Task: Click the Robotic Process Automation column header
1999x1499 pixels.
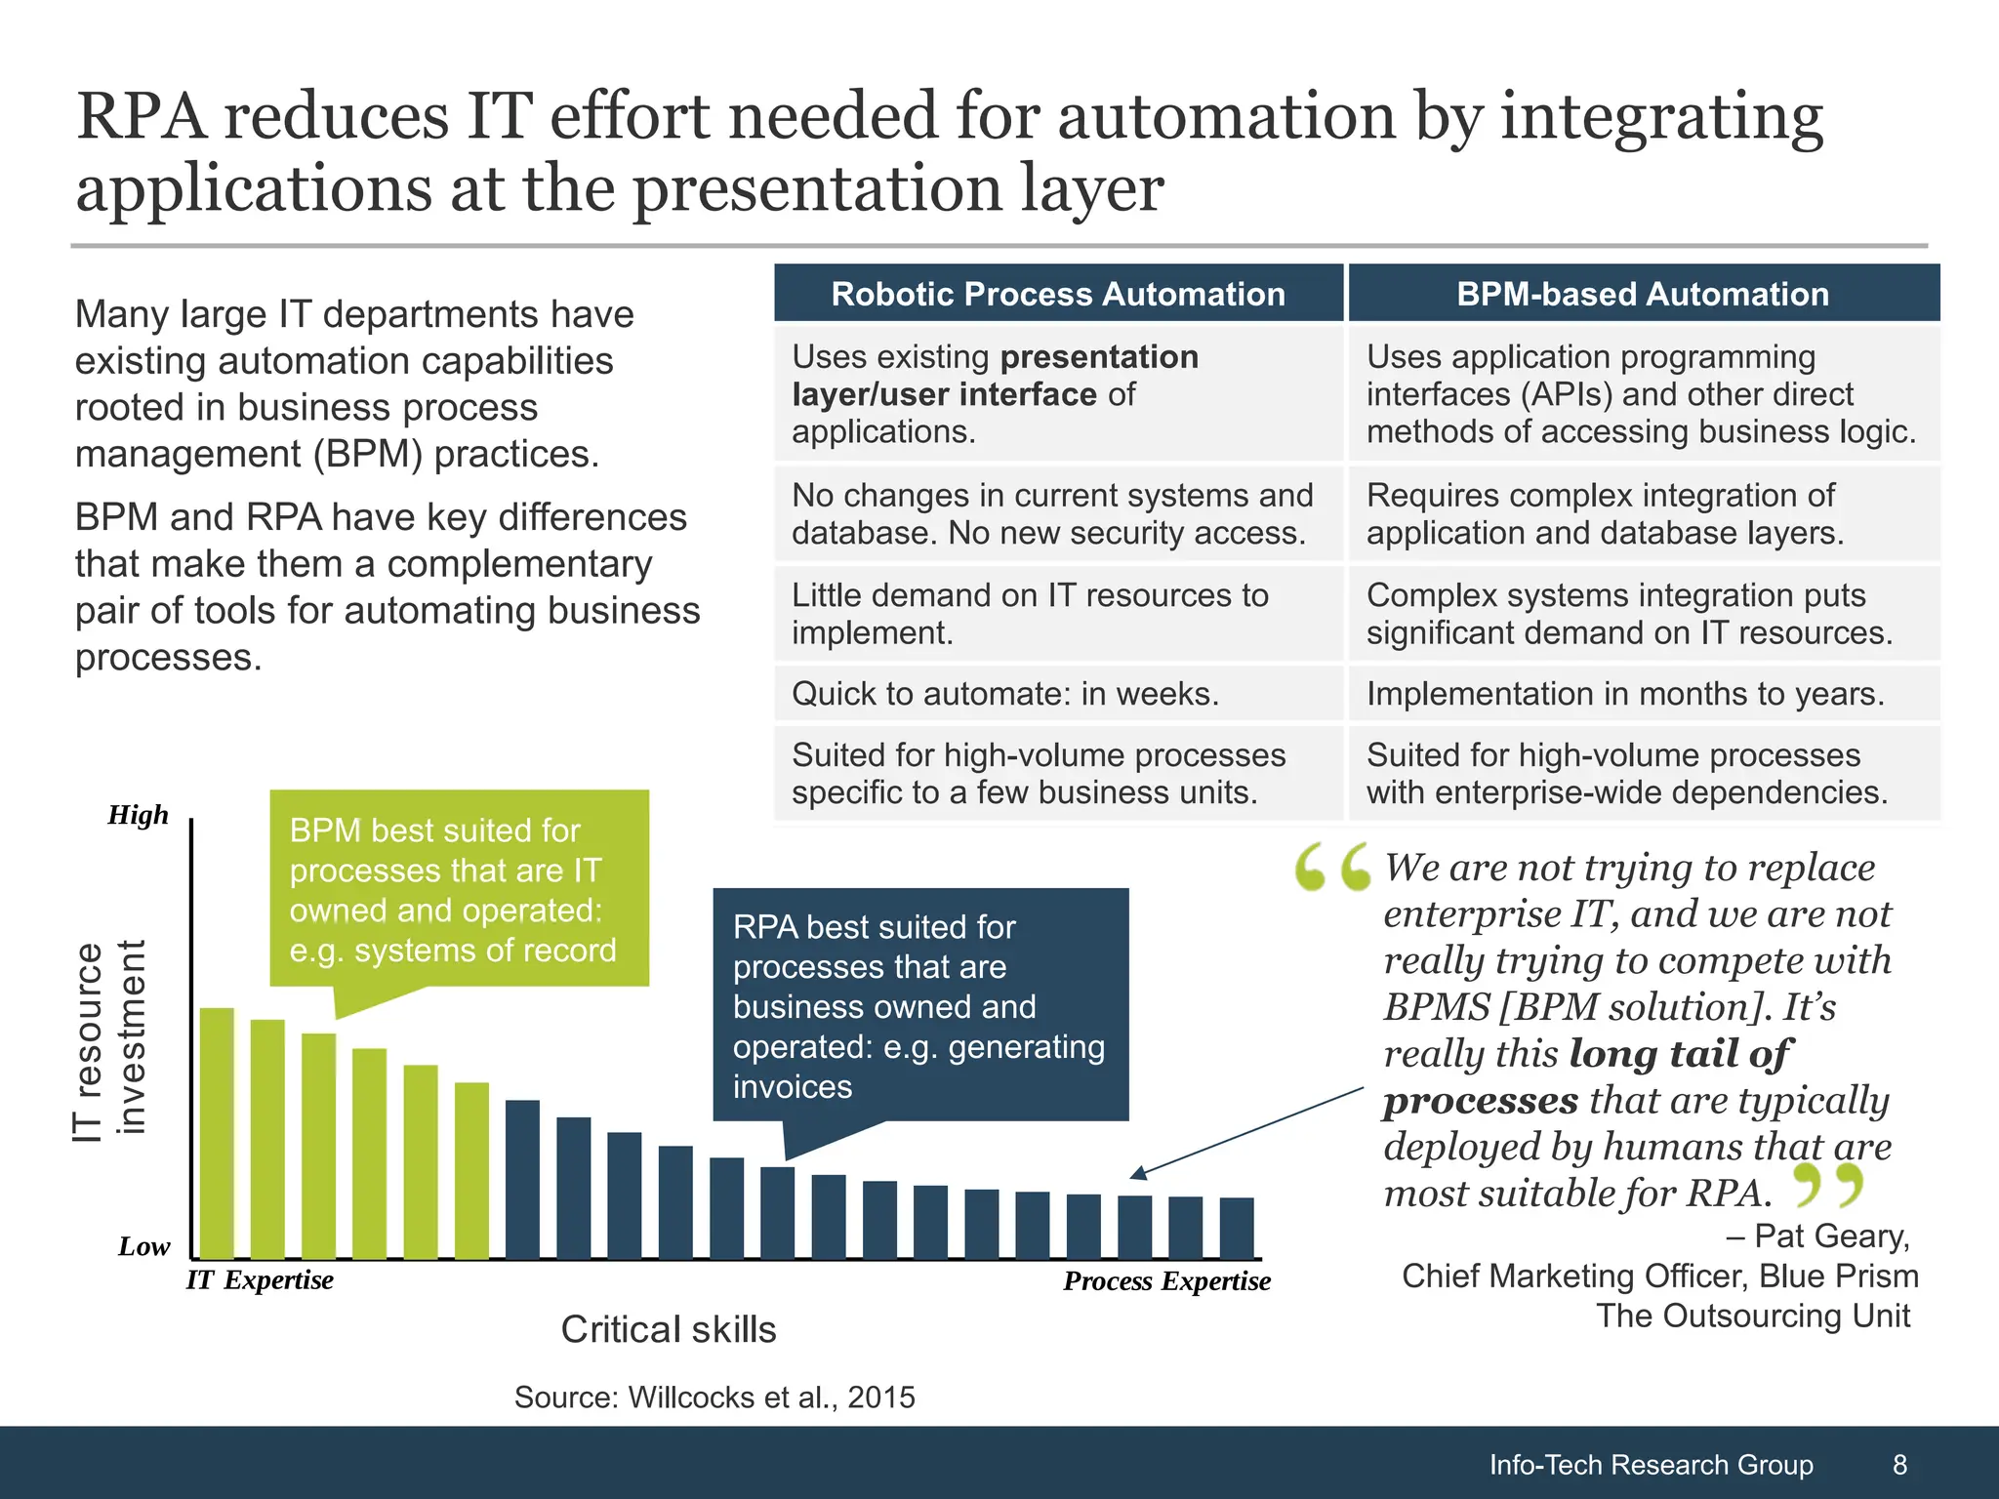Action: point(1058,294)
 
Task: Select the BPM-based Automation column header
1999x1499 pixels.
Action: point(1643,294)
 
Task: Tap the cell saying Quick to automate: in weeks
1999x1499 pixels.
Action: point(1005,694)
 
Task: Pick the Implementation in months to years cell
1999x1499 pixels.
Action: point(1625,694)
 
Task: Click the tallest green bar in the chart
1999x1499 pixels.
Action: point(217,1132)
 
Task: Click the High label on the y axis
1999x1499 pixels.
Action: point(138,815)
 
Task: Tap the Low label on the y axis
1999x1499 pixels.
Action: point(143,1246)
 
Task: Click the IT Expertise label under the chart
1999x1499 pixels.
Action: point(260,1279)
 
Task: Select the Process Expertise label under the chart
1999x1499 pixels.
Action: point(1166,1280)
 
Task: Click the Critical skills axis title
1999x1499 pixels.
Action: point(669,1329)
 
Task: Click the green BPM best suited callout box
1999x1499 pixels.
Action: point(459,888)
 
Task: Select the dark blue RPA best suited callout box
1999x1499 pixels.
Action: point(919,1005)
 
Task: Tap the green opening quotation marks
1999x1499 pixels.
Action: point(1331,868)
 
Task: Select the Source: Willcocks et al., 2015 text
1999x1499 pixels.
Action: point(714,1397)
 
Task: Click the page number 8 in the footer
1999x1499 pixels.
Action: point(1899,1464)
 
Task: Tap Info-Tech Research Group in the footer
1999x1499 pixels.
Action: point(1651,1464)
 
